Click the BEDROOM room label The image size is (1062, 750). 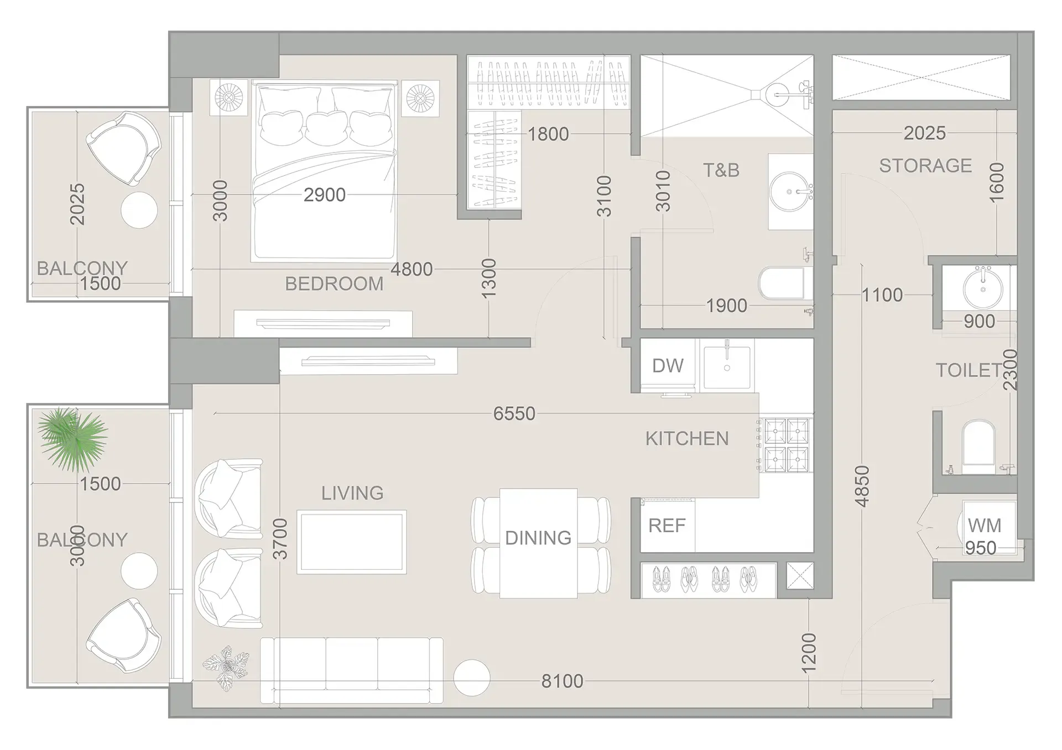pos(334,284)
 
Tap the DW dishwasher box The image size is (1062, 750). pos(668,365)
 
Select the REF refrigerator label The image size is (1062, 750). pos(667,526)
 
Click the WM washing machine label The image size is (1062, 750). pos(984,525)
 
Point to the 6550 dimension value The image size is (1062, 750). pos(514,413)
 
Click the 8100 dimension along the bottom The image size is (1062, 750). pos(562,681)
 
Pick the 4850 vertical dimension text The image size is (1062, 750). pos(862,486)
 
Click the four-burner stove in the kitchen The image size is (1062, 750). pos(786,445)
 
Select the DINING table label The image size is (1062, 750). pos(538,538)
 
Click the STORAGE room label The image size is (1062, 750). pos(925,166)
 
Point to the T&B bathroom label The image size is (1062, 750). pos(721,170)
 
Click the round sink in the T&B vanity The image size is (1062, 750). pos(789,192)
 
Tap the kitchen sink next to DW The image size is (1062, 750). pos(727,366)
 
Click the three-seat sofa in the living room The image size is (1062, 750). pos(351,670)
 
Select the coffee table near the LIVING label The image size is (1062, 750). pos(352,542)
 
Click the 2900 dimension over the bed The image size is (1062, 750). pos(325,195)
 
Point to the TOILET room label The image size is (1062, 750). pos(968,370)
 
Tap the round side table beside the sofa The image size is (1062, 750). pos(471,678)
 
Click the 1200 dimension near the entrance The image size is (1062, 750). pos(808,653)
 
